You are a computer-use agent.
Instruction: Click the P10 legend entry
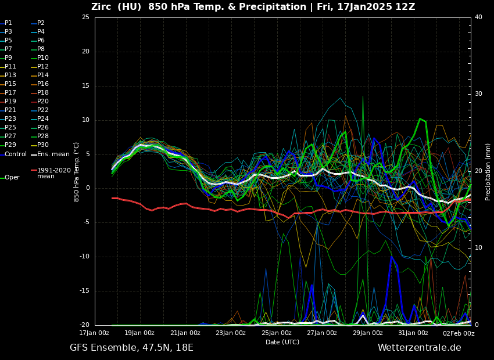42,58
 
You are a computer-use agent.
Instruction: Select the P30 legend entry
42,145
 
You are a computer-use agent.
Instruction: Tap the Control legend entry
15,154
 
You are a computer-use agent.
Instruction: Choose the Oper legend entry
12,178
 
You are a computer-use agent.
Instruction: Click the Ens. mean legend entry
53,154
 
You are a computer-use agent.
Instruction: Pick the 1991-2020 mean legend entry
53,173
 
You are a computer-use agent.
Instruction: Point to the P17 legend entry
10,93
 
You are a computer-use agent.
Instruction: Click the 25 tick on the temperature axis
85,17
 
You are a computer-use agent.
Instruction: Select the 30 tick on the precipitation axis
478,94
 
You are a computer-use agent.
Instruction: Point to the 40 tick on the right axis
478,17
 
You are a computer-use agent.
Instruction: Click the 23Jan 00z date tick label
231,333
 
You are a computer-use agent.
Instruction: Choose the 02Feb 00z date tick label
459,333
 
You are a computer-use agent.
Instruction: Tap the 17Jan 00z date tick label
94,333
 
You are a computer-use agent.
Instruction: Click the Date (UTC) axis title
282,342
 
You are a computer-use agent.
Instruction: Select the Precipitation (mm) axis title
488,172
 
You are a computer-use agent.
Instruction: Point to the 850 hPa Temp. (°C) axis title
76,172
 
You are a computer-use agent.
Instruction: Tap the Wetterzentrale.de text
419,348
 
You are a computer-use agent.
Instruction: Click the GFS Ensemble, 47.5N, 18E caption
131,348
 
